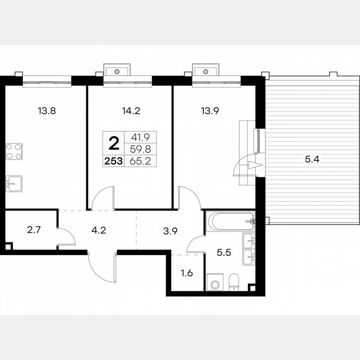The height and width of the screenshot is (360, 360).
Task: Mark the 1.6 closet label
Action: (x=186, y=274)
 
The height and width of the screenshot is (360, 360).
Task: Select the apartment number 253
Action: (x=113, y=161)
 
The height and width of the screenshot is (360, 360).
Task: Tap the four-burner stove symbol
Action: (x=14, y=151)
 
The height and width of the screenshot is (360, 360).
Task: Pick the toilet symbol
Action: (x=234, y=282)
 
